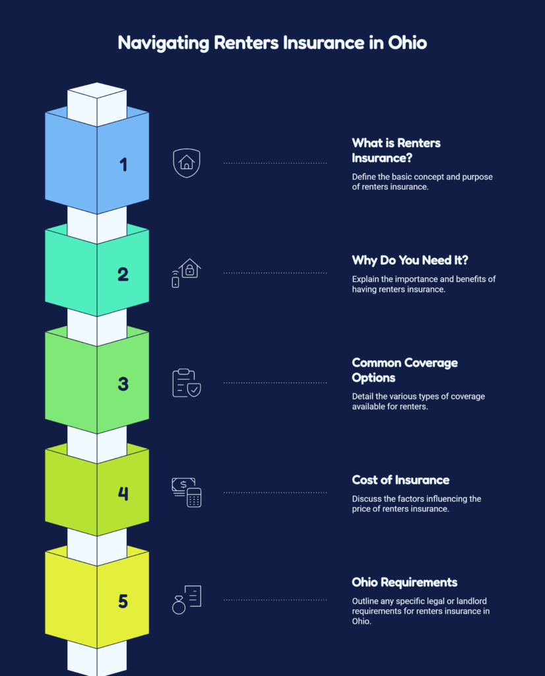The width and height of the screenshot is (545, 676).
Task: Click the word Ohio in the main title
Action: click(407, 43)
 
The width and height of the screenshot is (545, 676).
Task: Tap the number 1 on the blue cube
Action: click(123, 164)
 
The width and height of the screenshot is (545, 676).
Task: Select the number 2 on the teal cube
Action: click(123, 274)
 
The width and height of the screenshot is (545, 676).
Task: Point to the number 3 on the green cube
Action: click(123, 384)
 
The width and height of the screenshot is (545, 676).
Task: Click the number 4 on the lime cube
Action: click(123, 493)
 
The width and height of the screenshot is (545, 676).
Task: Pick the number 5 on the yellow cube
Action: click(123, 601)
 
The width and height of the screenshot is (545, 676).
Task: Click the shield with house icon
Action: click(187, 163)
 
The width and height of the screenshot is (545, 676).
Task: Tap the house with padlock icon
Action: click(187, 273)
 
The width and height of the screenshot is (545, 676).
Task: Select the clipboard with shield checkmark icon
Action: click(187, 383)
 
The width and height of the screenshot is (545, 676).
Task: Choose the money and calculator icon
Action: click(187, 492)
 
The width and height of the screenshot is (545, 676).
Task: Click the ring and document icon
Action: click(187, 599)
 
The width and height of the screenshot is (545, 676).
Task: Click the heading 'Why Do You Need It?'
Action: click(410, 260)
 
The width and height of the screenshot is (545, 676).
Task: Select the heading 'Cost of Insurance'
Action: click(401, 480)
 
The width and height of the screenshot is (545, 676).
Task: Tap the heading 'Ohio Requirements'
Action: click(404, 582)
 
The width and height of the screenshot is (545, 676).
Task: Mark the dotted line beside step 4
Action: click(275, 492)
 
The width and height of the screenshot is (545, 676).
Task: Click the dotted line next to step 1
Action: click(275, 164)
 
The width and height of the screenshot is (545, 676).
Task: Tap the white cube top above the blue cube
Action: click(97, 90)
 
